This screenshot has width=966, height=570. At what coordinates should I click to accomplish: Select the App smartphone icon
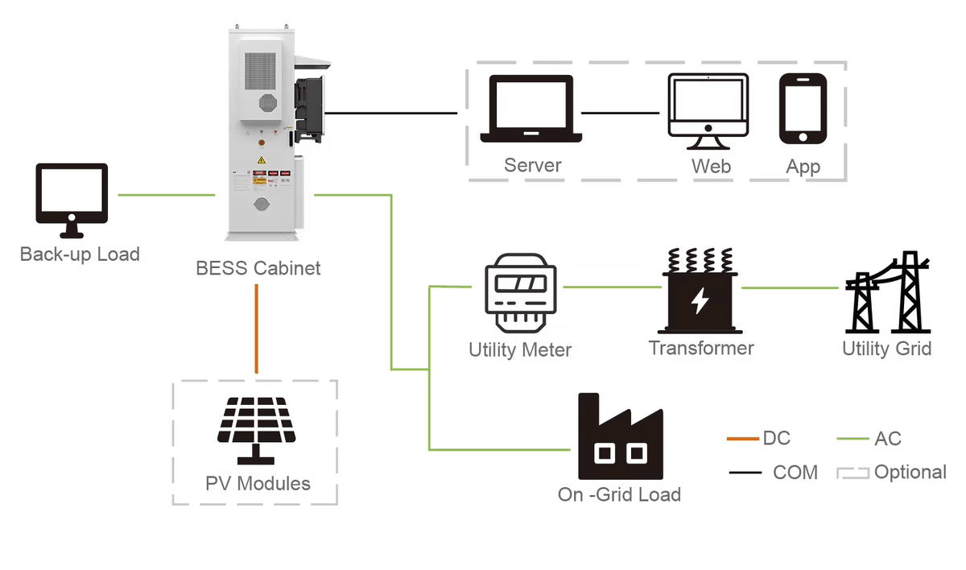click(x=803, y=109)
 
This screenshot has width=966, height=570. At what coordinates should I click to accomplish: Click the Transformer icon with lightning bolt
click(x=700, y=291)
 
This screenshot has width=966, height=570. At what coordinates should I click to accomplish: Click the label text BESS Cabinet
click(x=258, y=268)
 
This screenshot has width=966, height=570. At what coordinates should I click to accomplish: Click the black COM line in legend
click(x=745, y=473)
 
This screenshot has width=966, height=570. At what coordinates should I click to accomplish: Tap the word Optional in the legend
click(x=910, y=473)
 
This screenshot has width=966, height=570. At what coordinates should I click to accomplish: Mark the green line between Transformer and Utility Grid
click(x=789, y=287)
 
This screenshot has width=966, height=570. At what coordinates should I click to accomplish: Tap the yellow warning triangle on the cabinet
click(x=261, y=161)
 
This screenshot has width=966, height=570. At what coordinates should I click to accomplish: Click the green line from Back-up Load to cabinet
click(x=166, y=195)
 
